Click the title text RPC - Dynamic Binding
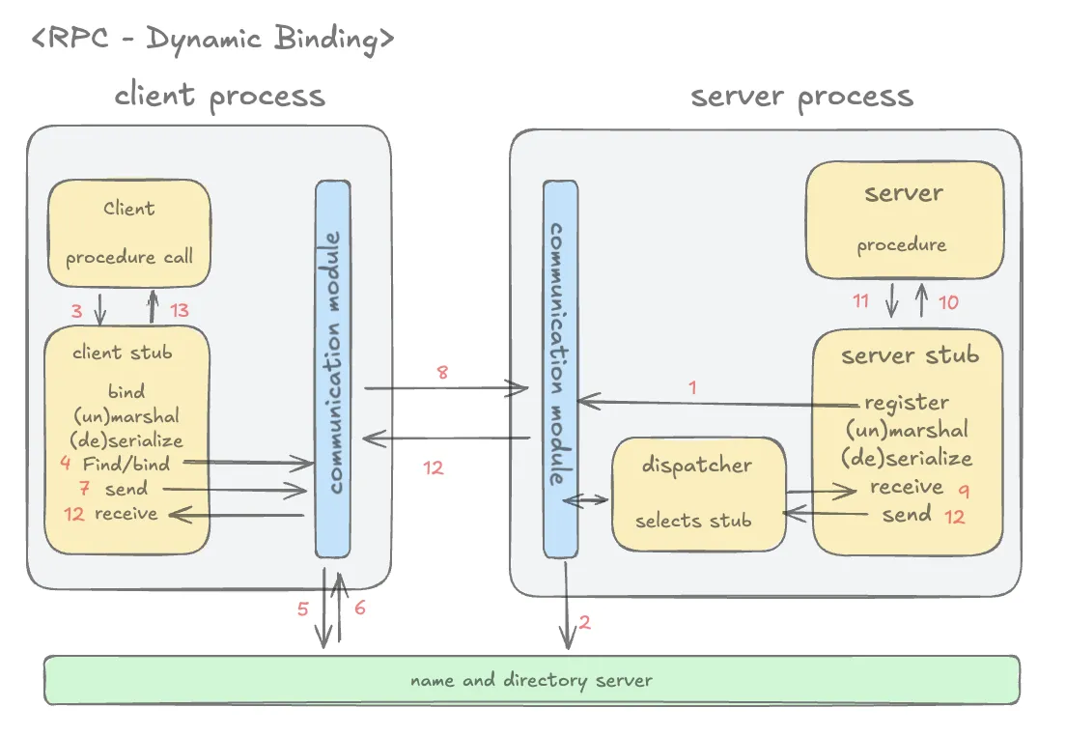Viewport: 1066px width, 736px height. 212,40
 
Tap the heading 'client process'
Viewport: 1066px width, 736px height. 219,96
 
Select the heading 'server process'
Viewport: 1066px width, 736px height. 801,97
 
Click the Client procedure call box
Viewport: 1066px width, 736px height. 129,233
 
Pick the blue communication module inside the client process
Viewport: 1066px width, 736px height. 333,368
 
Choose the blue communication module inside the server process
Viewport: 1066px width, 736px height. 560,368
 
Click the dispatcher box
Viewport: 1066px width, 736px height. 696,494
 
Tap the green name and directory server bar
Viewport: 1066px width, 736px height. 531,680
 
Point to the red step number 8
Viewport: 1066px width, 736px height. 442,372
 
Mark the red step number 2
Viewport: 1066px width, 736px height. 585,622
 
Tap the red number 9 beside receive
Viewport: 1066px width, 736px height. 964,490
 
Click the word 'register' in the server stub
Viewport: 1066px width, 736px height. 906,403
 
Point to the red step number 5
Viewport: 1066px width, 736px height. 302,609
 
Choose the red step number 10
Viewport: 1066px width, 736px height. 948,302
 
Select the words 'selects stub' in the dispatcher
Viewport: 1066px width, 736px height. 693,521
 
